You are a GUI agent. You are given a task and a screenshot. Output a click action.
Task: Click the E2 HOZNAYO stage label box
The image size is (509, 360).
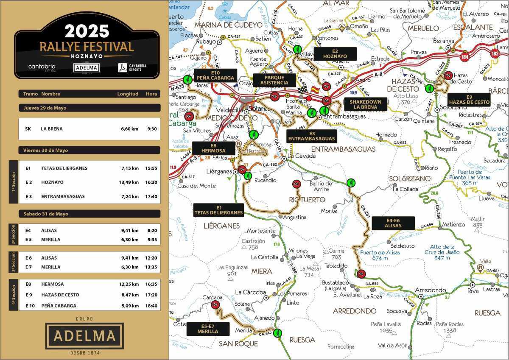click(335, 53)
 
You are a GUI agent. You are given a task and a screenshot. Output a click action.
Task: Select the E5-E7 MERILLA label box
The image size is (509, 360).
click(207, 329)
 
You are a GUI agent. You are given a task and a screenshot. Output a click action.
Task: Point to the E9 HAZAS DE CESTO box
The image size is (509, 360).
click(469, 100)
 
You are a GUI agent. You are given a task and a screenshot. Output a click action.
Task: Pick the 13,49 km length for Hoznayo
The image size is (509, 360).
click(129, 182)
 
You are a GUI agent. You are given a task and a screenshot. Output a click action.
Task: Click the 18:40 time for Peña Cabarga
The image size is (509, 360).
click(151, 306)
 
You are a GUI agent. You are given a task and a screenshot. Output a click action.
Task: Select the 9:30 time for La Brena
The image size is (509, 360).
click(152, 129)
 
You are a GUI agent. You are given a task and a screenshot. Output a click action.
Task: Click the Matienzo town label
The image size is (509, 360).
click(453, 224)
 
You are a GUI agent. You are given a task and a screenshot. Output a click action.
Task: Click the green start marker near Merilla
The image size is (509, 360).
click(277, 333)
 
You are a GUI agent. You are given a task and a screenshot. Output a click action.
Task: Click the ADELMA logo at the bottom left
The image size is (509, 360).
click(84, 335)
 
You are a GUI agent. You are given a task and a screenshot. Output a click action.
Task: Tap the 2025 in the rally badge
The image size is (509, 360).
click(87, 31)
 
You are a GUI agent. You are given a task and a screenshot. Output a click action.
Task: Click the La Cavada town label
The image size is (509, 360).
click(302, 156)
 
